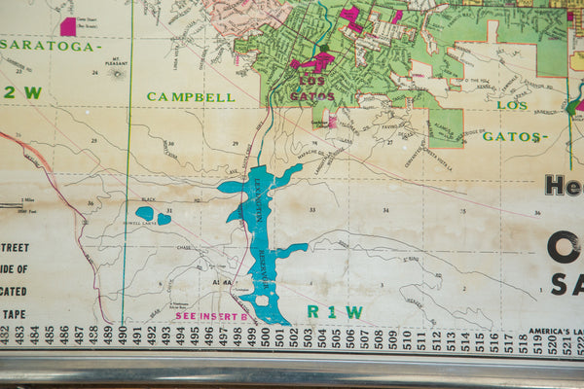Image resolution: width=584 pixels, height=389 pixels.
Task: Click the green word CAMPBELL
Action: [191, 97]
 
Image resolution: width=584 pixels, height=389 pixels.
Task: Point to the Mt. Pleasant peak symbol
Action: [118, 73]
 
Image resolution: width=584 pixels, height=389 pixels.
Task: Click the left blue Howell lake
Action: [145, 213]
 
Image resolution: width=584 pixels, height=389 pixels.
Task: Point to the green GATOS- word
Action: [511, 136]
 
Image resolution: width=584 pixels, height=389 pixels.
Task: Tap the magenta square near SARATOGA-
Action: [68, 26]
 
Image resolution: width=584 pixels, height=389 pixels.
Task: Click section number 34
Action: [385, 210]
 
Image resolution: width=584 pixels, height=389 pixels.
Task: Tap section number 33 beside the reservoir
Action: [312, 210]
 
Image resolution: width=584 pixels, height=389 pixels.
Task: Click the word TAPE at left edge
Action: [14, 313]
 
